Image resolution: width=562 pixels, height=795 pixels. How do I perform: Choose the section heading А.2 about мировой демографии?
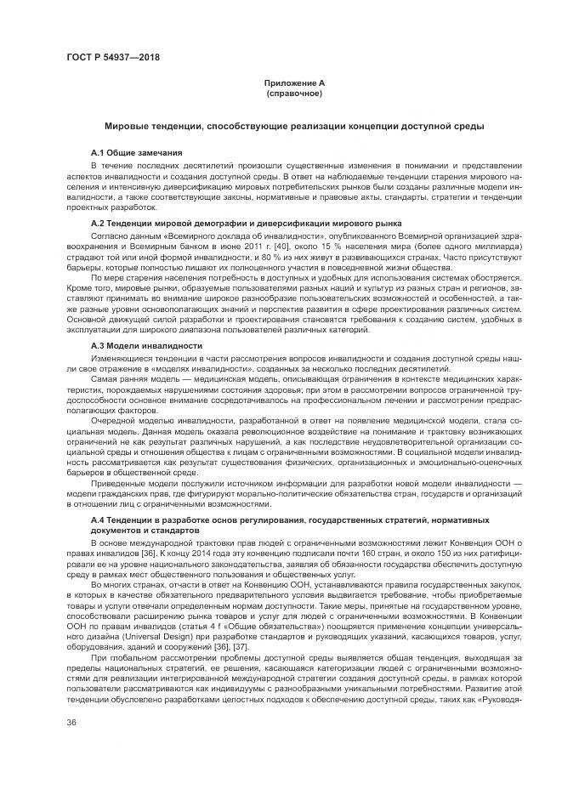point(247,223)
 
